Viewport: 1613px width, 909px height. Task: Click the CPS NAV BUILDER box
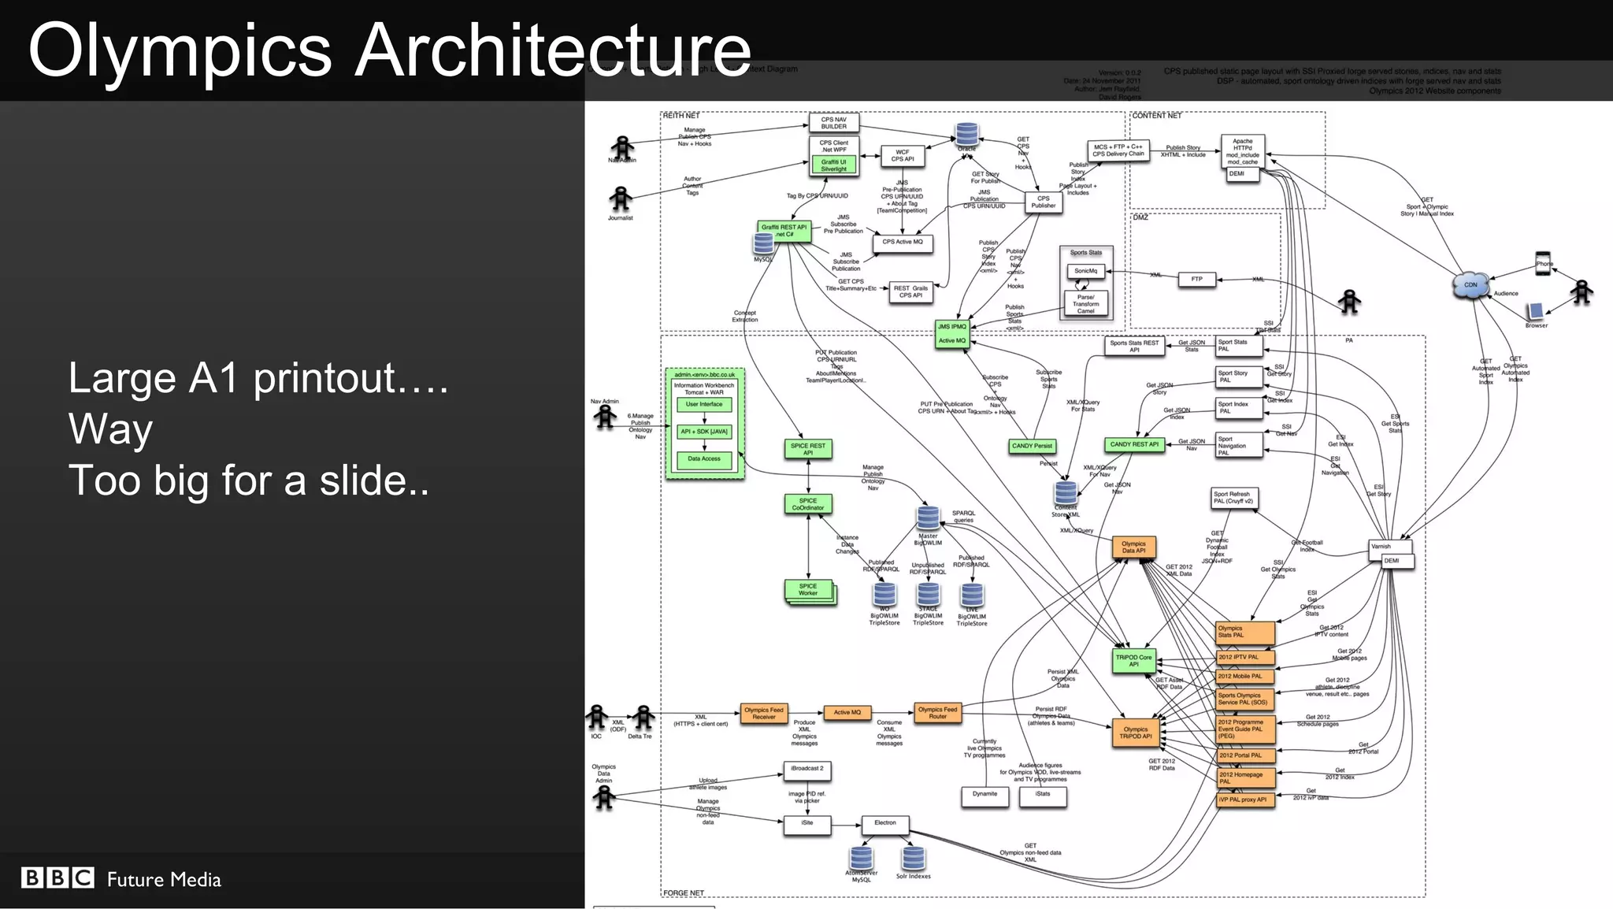pos(833,123)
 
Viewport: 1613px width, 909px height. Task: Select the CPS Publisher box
pos(1043,202)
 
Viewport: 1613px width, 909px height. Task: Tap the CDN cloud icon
pos(1470,286)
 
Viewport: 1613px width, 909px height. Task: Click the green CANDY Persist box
pos(1032,446)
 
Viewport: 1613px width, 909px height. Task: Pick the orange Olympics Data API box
pos(1133,547)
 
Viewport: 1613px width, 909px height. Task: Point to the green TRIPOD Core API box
pos(1133,661)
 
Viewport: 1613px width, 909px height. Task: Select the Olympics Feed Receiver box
pos(763,713)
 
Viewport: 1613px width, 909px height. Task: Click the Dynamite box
pos(984,796)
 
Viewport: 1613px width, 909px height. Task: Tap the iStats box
pos(1043,796)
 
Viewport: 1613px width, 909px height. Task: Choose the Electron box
pos(884,824)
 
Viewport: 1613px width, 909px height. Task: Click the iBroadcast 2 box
pos(806,770)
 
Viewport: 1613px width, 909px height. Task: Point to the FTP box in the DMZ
pos(1196,280)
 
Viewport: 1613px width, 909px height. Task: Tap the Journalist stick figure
pos(621,198)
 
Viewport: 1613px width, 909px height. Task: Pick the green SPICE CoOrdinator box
pos(808,504)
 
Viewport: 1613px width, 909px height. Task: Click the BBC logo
pos(57,877)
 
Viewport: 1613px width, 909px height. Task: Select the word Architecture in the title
pos(553,50)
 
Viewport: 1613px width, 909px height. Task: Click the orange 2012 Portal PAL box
pos(1244,755)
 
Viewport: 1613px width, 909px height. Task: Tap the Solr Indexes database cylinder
pos(913,858)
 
